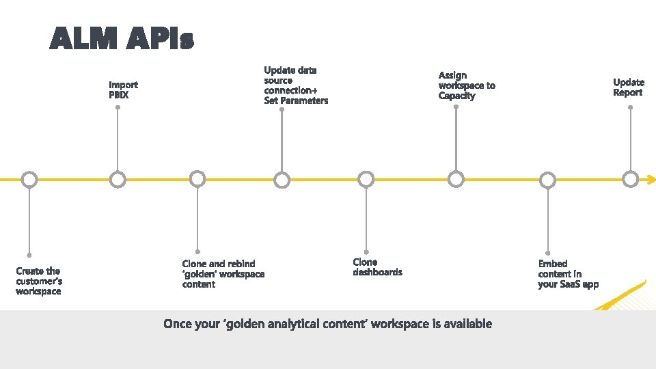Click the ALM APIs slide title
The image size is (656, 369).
pyautogui.click(x=122, y=39)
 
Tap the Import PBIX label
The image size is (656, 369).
pyautogui.click(x=123, y=90)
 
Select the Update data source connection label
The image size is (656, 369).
pyautogui.click(x=295, y=85)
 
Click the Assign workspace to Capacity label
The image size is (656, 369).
pyautogui.click(x=466, y=85)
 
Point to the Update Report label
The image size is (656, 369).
pyautogui.click(x=628, y=87)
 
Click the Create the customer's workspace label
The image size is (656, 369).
pyautogui.click(x=39, y=281)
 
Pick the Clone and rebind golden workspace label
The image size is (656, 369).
pyautogui.click(x=223, y=273)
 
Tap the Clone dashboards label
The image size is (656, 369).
pyautogui.click(x=377, y=266)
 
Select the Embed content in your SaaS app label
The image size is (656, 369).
pyautogui.click(x=568, y=273)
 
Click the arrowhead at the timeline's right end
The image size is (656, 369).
pyautogui.click(x=650, y=180)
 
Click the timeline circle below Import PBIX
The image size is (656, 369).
pyautogui.click(x=118, y=180)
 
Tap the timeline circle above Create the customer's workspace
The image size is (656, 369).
pyautogui.click(x=29, y=180)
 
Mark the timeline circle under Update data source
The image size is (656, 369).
pyautogui.click(x=282, y=180)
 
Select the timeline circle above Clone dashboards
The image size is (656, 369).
pyautogui.click(x=366, y=180)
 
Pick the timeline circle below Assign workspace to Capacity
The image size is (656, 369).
pyautogui.click(x=456, y=180)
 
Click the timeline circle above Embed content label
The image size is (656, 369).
pyautogui.click(x=548, y=180)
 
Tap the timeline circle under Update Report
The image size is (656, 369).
pyautogui.click(x=631, y=180)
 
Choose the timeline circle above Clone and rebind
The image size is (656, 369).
pyautogui.click(x=197, y=180)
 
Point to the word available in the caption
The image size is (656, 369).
pyautogui.click(x=467, y=323)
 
